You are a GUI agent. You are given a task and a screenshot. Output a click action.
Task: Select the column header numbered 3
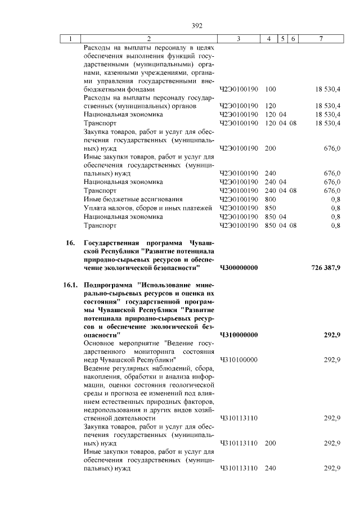(x=238, y=39)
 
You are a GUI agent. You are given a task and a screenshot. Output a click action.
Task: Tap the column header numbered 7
(x=320, y=39)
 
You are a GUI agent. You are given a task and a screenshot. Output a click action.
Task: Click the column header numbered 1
(x=70, y=39)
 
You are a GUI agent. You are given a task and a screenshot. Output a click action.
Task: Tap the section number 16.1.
(x=70, y=286)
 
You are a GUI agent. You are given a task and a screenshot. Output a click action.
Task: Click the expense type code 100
(x=270, y=89)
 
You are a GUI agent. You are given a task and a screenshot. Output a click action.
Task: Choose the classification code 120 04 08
(x=280, y=123)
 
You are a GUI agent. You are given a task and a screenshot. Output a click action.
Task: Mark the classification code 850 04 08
(x=280, y=225)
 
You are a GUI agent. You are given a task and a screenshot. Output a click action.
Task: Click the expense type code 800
(x=270, y=199)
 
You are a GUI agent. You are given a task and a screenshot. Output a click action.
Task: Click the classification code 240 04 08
(x=280, y=191)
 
